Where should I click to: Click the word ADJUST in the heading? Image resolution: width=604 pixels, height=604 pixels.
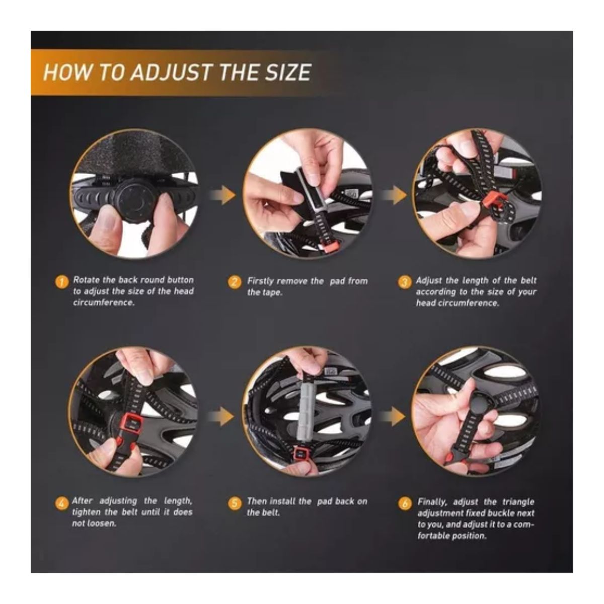(170, 72)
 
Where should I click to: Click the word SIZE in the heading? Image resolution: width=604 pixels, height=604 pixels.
(288, 72)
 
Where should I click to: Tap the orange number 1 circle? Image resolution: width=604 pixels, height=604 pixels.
(61, 282)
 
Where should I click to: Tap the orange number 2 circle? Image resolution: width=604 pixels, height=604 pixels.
(235, 282)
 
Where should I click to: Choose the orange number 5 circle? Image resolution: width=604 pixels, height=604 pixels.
(235, 504)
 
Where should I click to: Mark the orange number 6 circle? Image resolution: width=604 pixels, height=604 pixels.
(405, 504)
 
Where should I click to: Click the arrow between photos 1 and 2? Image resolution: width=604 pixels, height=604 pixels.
(222, 195)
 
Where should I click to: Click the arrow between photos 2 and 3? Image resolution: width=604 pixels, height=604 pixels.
(394, 195)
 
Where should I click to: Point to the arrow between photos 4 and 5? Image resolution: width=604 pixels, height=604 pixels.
(221, 417)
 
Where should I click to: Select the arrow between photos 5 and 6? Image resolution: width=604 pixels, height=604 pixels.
(392, 417)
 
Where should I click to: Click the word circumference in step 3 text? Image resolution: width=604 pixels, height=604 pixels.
(468, 303)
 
